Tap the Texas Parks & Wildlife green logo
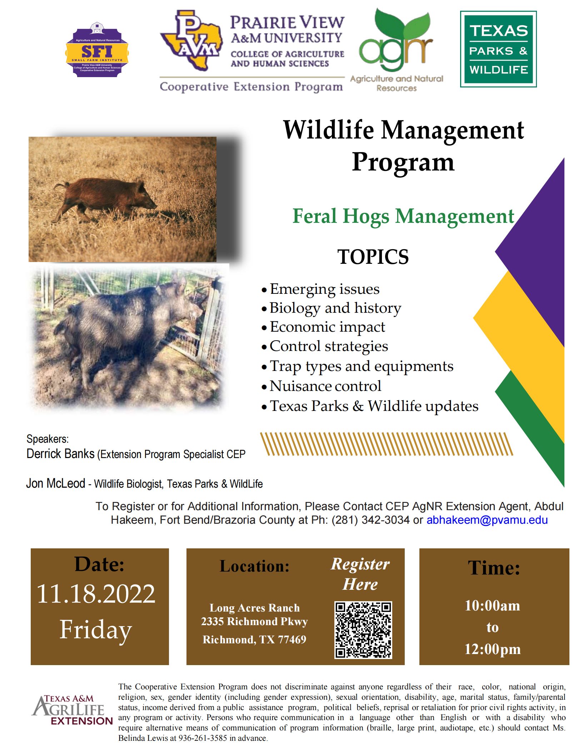tap(498, 49)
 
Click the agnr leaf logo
tap(397, 50)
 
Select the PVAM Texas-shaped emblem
tap(191, 40)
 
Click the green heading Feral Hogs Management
tap(403, 216)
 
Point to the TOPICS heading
tap(373, 257)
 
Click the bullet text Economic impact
tap(327, 327)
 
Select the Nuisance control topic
tap(325, 386)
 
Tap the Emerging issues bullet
tap(324, 289)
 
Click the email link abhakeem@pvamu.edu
tap(487, 520)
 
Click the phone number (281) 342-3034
tap(370, 520)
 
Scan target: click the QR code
tap(363, 630)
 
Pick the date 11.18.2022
tap(96, 594)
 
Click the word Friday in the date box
tap(96, 630)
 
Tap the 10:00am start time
tap(492, 605)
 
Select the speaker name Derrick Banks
tap(60, 454)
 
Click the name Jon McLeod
tap(56, 483)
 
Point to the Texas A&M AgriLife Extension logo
tap(72, 710)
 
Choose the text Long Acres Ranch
tap(254, 608)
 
